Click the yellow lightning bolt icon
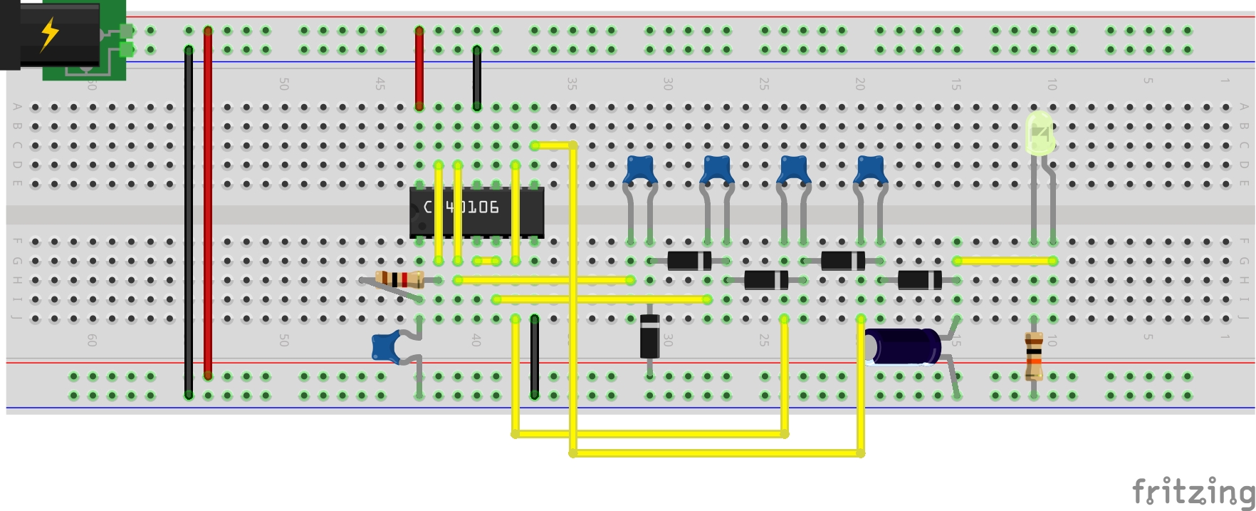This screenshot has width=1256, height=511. tap(49, 33)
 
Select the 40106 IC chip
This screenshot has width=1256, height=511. tap(476, 212)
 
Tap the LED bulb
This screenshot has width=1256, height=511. tap(1040, 133)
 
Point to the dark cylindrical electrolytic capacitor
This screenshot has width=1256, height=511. tap(903, 347)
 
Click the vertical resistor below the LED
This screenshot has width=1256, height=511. tap(1034, 356)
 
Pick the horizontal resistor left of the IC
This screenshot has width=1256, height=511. tap(399, 279)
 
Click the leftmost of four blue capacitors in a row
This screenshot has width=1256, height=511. tap(640, 170)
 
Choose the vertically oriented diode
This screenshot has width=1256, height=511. tap(649, 336)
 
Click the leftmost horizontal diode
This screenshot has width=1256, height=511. tap(689, 261)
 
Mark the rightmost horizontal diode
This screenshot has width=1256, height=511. tap(919, 280)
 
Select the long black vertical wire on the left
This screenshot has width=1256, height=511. tap(189, 221)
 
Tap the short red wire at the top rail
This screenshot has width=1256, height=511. tap(419, 68)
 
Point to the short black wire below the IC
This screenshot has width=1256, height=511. tap(534, 356)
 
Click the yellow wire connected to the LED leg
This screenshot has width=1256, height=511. tap(1004, 261)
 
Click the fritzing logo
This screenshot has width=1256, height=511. tap(1193, 492)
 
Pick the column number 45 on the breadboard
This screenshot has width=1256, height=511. tap(380, 84)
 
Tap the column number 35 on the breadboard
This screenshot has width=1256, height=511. tap(572, 84)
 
